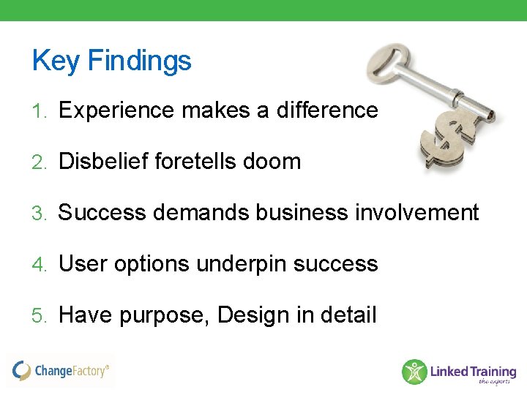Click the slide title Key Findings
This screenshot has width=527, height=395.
tap(111, 61)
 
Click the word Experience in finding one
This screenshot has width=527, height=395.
tap(116, 110)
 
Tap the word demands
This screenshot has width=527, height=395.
tap(199, 213)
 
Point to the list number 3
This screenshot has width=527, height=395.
tap(38, 214)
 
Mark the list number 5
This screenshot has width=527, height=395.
tap(38, 316)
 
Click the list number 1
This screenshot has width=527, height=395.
tap(38, 111)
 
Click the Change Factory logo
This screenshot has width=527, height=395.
tap(61, 370)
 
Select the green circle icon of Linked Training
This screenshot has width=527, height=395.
tap(414, 372)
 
